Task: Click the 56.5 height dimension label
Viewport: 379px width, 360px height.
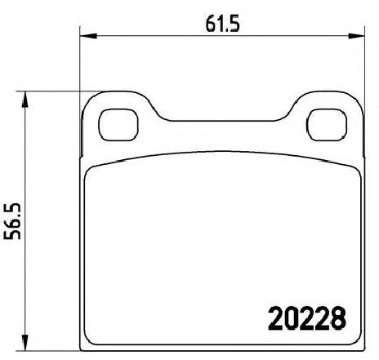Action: tap(12, 221)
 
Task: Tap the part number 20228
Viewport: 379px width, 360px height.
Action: tap(307, 318)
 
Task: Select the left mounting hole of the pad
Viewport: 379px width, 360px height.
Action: tap(118, 125)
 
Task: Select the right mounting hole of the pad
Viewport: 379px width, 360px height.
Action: tap(327, 125)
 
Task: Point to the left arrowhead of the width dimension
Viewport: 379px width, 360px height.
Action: tap(88, 36)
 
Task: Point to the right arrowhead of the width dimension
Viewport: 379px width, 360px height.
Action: tap(356, 36)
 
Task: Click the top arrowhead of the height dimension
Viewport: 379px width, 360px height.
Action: tap(25, 100)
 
